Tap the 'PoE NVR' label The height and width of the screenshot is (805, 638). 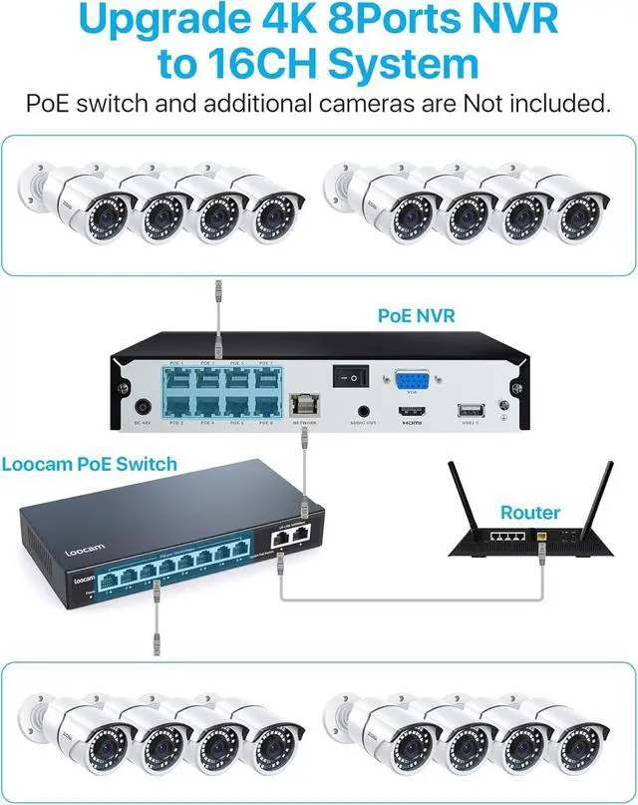pos(416,316)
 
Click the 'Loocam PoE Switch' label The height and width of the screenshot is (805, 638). pos(90,464)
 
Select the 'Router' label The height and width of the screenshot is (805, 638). pos(530,512)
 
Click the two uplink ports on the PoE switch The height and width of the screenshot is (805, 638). pos(292,536)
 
